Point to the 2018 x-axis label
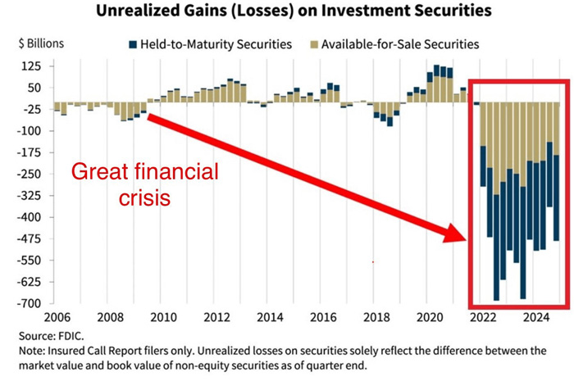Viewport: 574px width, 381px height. click(376, 317)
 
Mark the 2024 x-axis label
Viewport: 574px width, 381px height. click(536, 317)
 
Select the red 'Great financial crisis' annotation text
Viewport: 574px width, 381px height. click(144, 185)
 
